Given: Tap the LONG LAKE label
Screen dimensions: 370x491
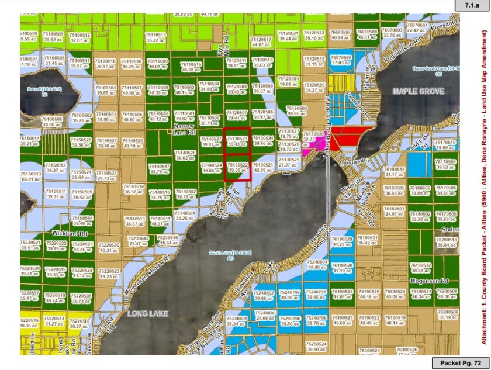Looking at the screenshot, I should coord(148,314).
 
